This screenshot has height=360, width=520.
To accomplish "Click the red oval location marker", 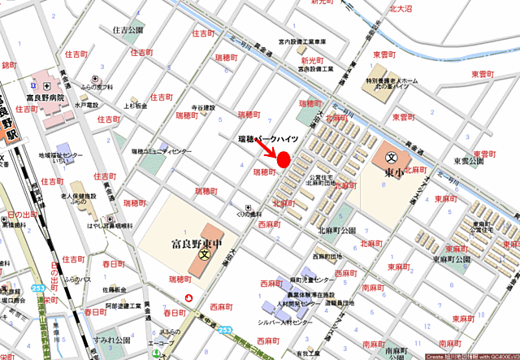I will point(284,160).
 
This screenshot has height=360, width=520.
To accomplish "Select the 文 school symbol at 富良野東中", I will point(205,254).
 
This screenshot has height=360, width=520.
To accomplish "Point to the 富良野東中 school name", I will point(200,241).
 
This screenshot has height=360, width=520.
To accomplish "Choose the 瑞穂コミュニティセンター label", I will point(162,152).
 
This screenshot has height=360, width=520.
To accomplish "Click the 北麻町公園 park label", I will point(337,231).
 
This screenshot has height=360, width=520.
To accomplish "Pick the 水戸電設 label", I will point(86,106).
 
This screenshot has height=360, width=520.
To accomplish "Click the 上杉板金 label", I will point(136,106).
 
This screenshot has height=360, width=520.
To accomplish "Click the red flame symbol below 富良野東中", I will point(189,298).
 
